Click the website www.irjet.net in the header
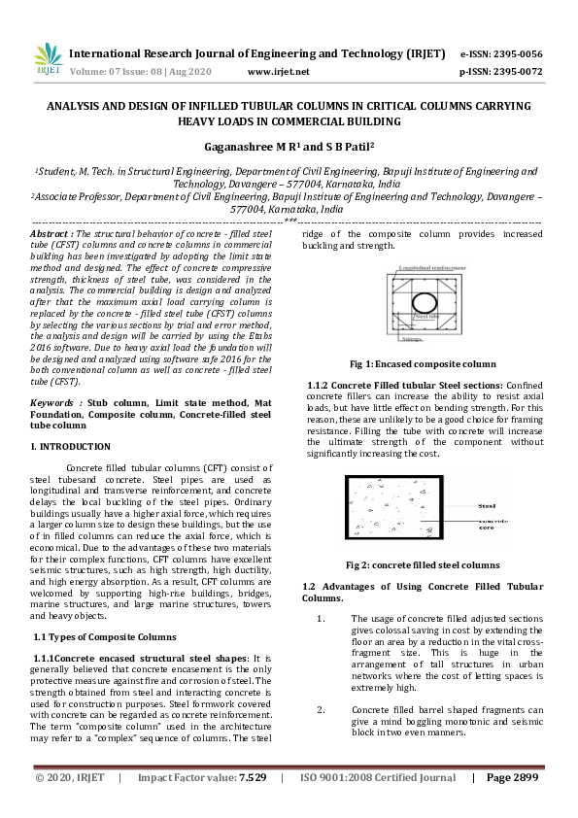[279, 72]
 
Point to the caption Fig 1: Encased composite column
[423, 364]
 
